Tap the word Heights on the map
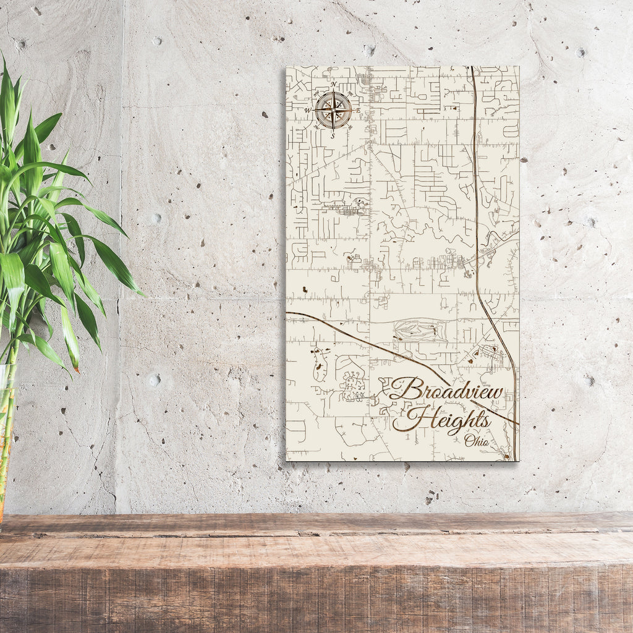tap(442, 420)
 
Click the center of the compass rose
tap(333, 110)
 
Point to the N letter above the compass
tap(333, 84)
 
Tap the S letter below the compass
tap(333, 136)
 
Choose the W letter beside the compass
tap(307, 111)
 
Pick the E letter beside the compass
tap(358, 110)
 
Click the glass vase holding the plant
tap(6, 433)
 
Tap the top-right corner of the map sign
tap(519, 67)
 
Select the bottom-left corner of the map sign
tap(286, 460)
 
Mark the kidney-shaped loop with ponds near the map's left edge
tap(320, 363)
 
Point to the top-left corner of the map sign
tap(286, 67)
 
